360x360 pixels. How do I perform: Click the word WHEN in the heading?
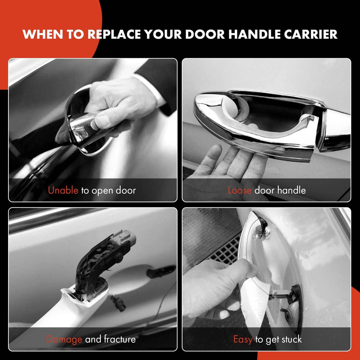click(43, 34)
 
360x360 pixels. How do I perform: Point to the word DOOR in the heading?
click(205, 34)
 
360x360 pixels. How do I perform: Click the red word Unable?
click(63, 190)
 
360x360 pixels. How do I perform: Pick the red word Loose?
click(240, 190)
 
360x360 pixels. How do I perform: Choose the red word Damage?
click(64, 339)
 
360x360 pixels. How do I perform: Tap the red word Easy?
click(243, 339)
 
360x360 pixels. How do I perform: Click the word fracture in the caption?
click(120, 339)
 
